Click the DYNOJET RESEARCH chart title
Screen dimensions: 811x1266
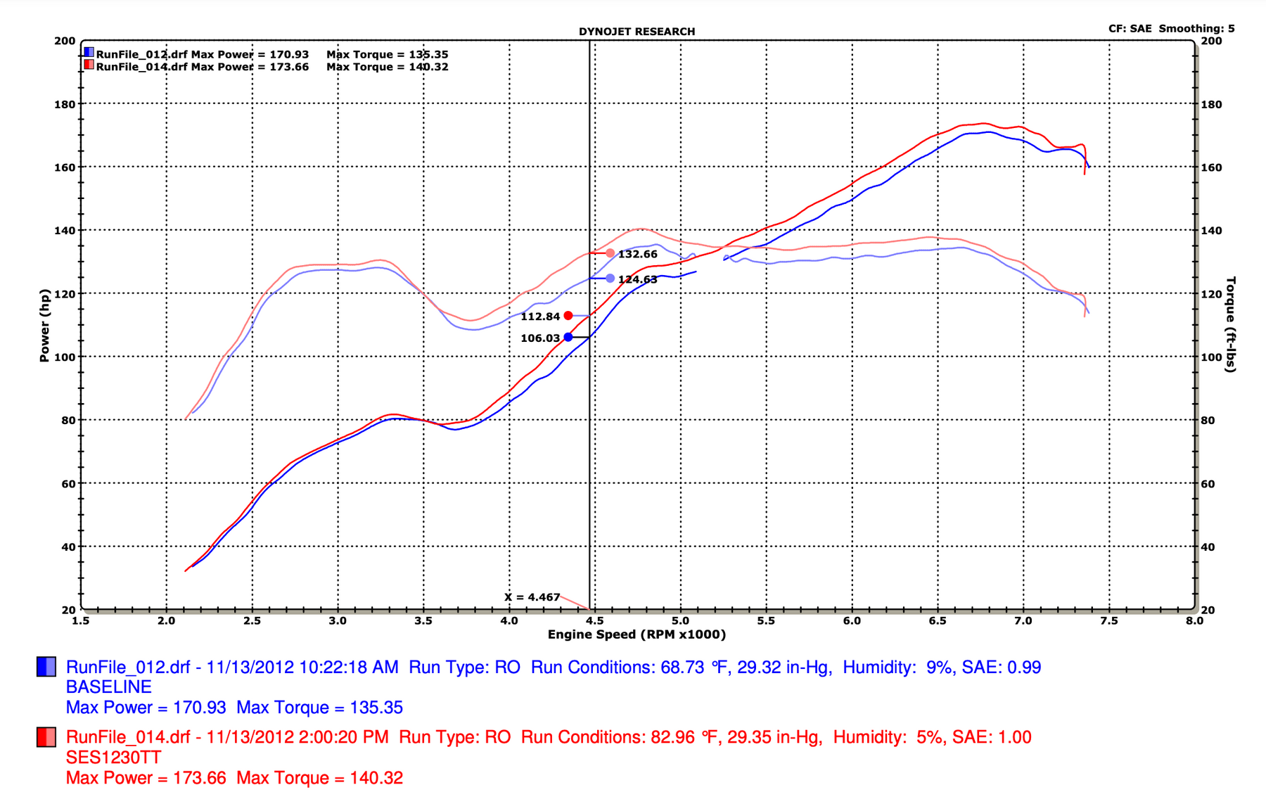pyautogui.click(x=637, y=32)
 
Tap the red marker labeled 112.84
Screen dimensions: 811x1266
pyautogui.click(x=568, y=316)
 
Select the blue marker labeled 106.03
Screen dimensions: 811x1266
pyautogui.click(x=568, y=338)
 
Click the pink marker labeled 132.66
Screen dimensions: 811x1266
pyautogui.click(x=610, y=253)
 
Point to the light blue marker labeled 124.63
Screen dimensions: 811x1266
pyautogui.click(x=610, y=279)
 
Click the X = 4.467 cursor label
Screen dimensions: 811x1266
pyautogui.click(x=532, y=597)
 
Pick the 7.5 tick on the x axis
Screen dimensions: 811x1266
pyautogui.click(x=1109, y=620)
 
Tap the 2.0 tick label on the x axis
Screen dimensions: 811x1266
pyautogui.click(x=166, y=620)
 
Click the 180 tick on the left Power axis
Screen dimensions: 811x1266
pyautogui.click(x=65, y=104)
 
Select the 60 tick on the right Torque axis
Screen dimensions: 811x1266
pyautogui.click(x=1208, y=484)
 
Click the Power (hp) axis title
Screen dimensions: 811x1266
pyautogui.click(x=45, y=325)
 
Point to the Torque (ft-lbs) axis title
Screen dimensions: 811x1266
pyautogui.click(x=1231, y=324)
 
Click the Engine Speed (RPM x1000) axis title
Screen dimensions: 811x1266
pyautogui.click(x=637, y=634)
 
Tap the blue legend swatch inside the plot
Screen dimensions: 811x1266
pyautogui.click(x=89, y=52)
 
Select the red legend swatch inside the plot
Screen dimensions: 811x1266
pyautogui.click(x=89, y=65)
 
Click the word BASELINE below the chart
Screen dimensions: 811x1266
pyautogui.click(x=109, y=687)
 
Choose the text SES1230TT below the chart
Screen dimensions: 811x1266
pyautogui.click(x=113, y=758)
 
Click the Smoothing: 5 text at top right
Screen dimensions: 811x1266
pyautogui.click(x=1196, y=29)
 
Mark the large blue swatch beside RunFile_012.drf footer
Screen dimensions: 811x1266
pyautogui.click(x=46, y=667)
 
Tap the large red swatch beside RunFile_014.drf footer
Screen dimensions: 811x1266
pyautogui.click(x=46, y=737)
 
